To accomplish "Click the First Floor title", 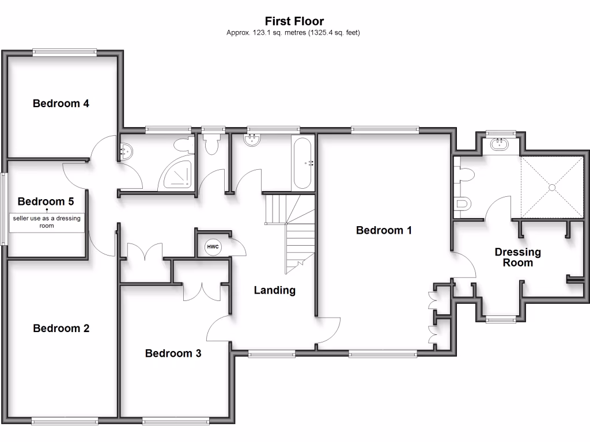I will (294, 22).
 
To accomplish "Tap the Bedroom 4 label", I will (60, 104).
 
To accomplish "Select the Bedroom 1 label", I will (384, 230).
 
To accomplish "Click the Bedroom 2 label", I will (61, 329).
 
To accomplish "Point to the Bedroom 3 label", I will (173, 353).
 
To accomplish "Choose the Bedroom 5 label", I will (46, 201).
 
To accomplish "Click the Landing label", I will (274, 291).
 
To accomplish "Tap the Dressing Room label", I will (518, 257).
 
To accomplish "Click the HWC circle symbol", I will (213, 247).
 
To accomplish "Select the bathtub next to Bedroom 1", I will (302, 163).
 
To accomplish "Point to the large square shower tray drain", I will (552, 187).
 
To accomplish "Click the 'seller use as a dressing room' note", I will (47, 222).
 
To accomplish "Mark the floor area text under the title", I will (294, 33).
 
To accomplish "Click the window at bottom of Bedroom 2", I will (65, 421).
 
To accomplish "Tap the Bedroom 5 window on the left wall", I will (3, 209).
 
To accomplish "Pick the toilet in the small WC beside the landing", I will (211, 144).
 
